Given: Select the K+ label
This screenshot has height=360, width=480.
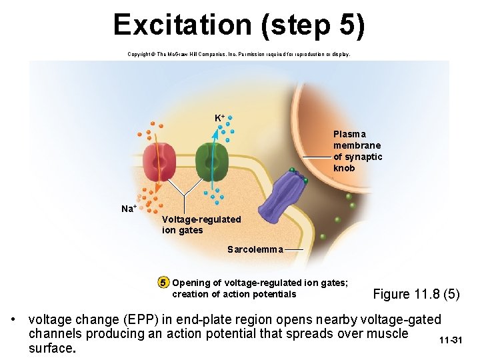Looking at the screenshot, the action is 219,118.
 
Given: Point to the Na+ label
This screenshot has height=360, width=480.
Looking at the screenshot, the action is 129,209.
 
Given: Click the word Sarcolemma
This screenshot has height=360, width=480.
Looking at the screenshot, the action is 255,250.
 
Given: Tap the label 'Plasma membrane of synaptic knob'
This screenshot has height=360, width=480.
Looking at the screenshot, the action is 358,151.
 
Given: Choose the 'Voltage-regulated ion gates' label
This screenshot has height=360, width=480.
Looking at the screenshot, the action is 201,225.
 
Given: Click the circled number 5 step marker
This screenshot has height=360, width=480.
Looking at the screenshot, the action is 163,283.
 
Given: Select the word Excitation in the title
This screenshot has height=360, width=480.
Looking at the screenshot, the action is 181,25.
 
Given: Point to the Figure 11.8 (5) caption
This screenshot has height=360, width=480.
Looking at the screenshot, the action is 416,294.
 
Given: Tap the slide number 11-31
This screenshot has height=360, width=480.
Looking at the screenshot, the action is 451,341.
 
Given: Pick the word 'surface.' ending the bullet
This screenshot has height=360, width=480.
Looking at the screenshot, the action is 52,347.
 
